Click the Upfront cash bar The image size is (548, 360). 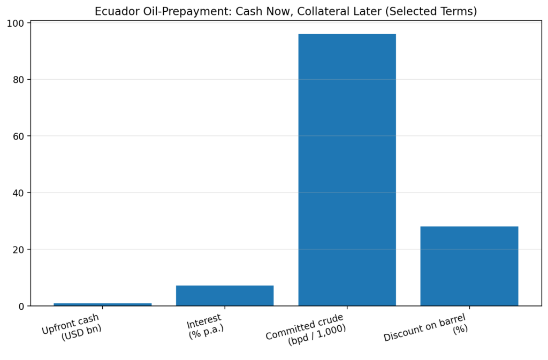pos(102,304)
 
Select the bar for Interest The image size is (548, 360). pos(225,296)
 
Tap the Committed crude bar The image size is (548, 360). pos(347,170)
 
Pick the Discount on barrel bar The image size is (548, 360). pos(469,266)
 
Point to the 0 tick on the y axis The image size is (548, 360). pos(22,306)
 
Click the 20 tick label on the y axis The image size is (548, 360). pos(19,249)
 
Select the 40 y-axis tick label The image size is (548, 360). pos(19,193)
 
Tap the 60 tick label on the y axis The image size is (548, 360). pos(19,136)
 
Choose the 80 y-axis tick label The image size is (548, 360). pos(19,80)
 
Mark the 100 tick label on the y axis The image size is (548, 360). pos(16,24)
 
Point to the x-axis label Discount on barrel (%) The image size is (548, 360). pos(428,330)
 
